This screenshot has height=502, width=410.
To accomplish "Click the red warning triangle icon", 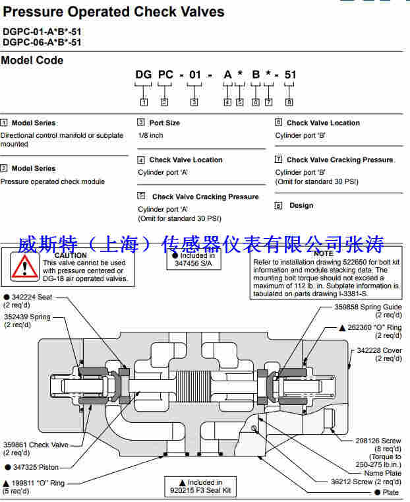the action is coord(24,267).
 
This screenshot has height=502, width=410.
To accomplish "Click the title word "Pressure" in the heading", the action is coord(33,12).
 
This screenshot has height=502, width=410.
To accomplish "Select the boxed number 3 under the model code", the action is coord(194,102).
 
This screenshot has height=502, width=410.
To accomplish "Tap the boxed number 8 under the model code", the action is coord(289,102).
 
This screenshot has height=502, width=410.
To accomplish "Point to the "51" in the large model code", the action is coord(290,75).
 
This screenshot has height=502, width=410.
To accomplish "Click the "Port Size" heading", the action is coord(165,123).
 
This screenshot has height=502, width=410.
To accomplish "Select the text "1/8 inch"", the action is coord(151,135).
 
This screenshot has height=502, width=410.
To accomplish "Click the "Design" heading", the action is coord(301,205).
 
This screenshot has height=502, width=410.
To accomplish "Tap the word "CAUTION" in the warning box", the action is coord(71,255).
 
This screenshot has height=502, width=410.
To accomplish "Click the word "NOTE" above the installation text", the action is coord(324,253).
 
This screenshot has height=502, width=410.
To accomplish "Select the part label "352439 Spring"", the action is coord(27,317).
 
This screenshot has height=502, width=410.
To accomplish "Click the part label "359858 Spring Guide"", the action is coord(368,307).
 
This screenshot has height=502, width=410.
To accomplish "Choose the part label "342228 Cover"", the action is coord(379,350).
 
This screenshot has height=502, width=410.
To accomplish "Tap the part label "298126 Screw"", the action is coord(378,441).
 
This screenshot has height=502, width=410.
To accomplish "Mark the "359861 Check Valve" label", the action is coord(36,445).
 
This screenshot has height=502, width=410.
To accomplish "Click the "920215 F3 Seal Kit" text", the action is coord(200,491).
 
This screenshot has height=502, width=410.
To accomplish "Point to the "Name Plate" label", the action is coord(382,473).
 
